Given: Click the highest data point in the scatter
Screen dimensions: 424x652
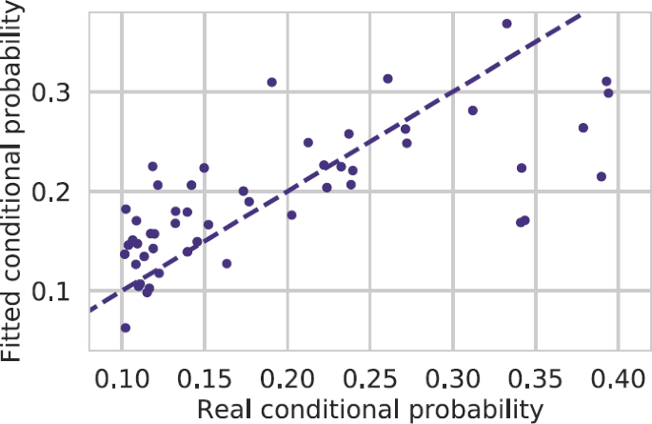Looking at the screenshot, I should (506, 24).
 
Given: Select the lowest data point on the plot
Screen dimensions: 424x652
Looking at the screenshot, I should (125, 328).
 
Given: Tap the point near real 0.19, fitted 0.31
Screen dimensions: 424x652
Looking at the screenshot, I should (271, 82).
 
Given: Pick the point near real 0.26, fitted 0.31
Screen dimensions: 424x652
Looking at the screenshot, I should (387, 79).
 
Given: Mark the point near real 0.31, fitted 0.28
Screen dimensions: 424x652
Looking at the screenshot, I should (472, 111).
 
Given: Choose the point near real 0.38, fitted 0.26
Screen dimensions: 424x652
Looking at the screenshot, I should (583, 128).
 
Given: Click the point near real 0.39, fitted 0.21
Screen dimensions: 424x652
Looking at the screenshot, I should (601, 176).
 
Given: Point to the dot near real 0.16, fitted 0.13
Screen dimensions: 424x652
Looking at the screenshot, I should (227, 264).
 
